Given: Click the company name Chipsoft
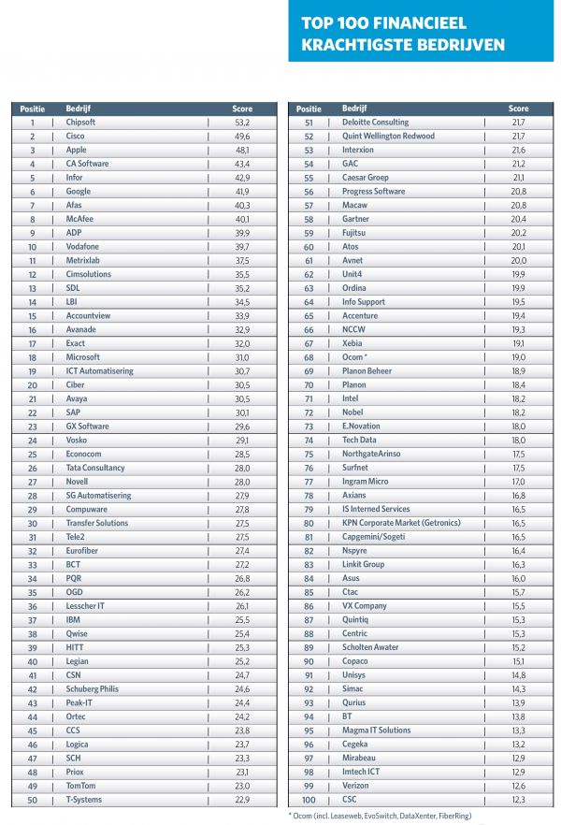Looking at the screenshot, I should click(82, 123).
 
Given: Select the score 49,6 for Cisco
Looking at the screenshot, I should click(242, 137).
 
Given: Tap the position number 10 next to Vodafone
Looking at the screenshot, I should click(32, 247).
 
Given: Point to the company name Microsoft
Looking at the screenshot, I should click(83, 357).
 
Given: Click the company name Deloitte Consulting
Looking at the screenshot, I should click(376, 123).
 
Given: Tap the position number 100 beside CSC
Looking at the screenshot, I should click(309, 800).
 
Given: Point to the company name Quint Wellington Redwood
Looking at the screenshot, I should click(388, 137).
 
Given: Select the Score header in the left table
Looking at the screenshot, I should click(242, 109).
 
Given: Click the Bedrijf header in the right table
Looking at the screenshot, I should click(354, 109).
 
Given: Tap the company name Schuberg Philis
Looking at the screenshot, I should click(93, 689).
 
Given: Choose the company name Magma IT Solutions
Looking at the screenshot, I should click(377, 731).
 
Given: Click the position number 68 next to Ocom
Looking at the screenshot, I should click(309, 357).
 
